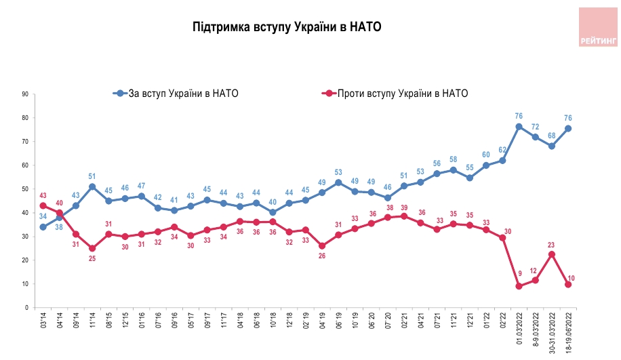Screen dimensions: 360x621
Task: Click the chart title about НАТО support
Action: pyautogui.click(x=287, y=27)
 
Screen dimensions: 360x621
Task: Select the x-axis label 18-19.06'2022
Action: pyautogui.click(x=568, y=333)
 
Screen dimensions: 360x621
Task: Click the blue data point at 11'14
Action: pyautogui.click(x=92, y=186)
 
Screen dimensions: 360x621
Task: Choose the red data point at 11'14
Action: pyautogui.click(x=92, y=248)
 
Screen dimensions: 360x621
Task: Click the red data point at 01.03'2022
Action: pyautogui.click(x=519, y=286)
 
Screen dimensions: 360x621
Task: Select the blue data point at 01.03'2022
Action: pyautogui.click(x=519, y=127)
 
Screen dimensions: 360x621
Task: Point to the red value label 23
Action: pyautogui.click(x=552, y=245)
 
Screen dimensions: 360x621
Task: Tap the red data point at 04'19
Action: pyautogui.click(x=322, y=246)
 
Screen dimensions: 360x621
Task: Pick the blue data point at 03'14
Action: pyautogui.click(x=43, y=227)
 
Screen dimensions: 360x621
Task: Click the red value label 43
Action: pyautogui.click(x=43, y=196)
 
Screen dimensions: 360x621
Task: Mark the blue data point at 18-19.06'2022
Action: pyautogui.click(x=568, y=128)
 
